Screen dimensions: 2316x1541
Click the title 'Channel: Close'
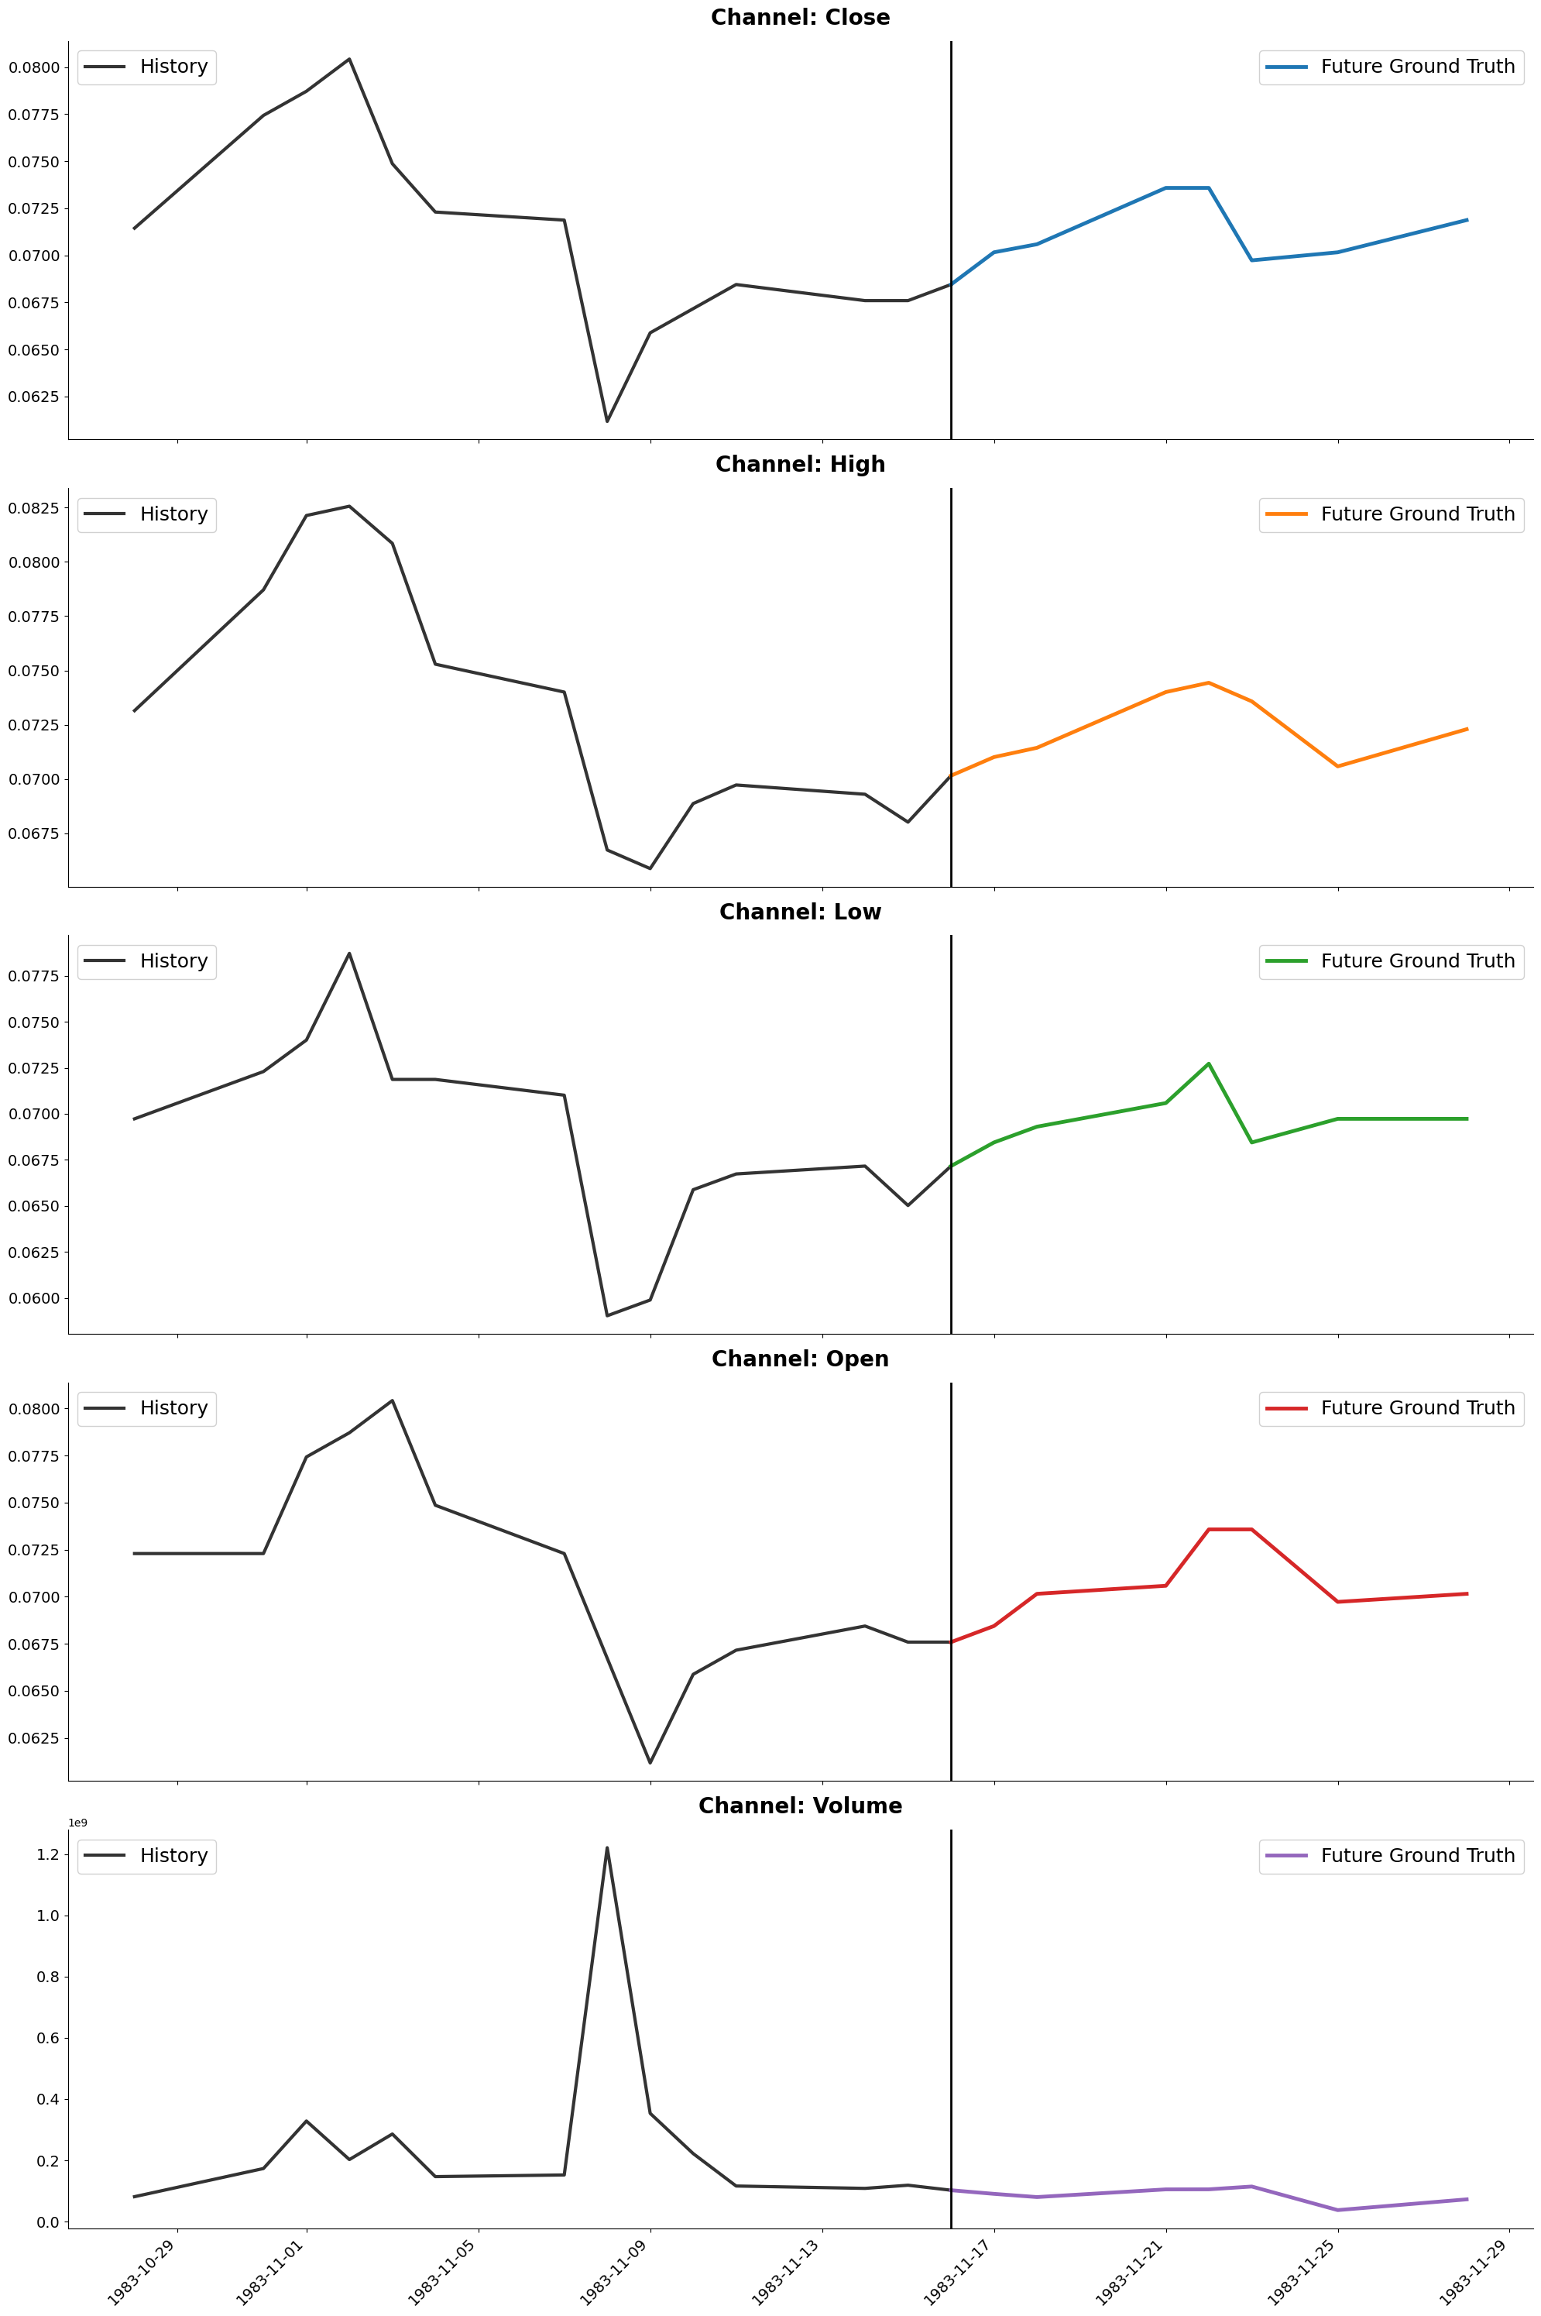(800, 18)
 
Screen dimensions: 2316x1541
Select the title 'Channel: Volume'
(800, 1806)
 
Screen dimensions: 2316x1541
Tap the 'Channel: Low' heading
(800, 912)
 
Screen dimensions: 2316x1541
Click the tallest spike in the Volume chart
(606, 1848)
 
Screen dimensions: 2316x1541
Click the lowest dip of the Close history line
(606, 421)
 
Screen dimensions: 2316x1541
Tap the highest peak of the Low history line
(349, 954)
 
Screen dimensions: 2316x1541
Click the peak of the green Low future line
(1208, 1064)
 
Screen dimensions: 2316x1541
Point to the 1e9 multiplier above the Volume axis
(77, 1823)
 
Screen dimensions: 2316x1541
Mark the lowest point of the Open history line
(650, 1762)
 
